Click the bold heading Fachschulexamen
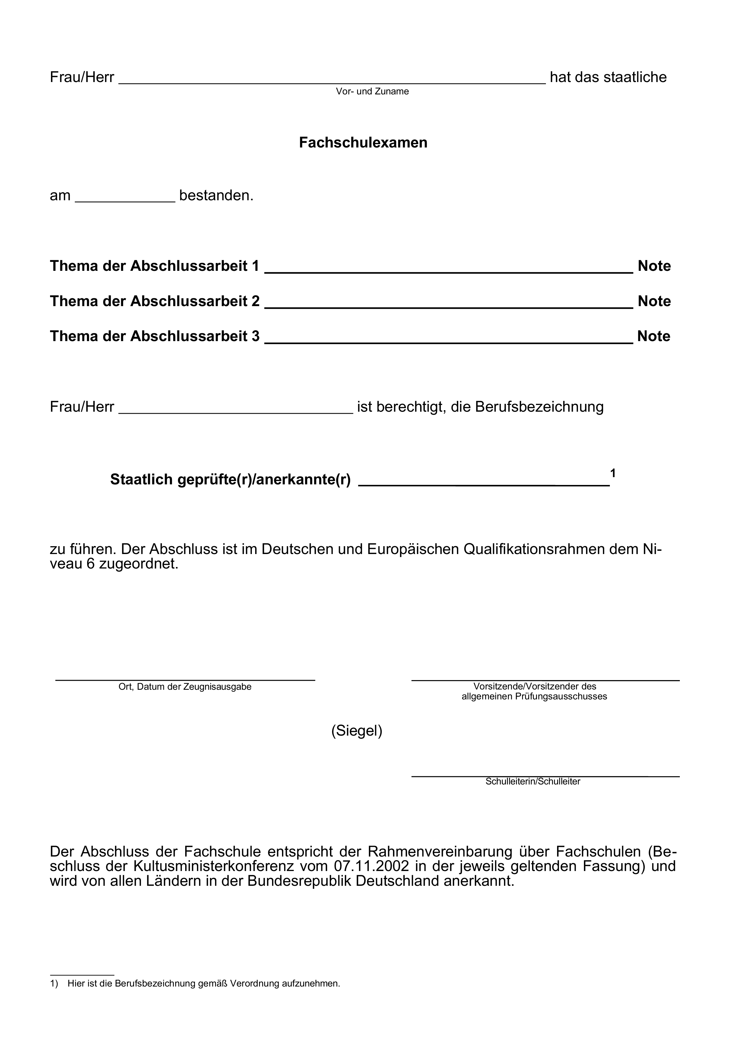click(363, 143)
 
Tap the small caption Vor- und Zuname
click(372, 92)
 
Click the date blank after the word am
click(125, 197)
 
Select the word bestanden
click(216, 196)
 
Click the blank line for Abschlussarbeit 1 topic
click(448, 269)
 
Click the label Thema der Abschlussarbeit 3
click(155, 336)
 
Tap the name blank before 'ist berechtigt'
click(236, 409)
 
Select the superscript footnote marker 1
click(613, 473)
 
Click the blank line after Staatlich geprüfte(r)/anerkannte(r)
click(484, 482)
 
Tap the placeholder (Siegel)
click(357, 731)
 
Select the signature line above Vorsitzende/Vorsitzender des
click(545, 680)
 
